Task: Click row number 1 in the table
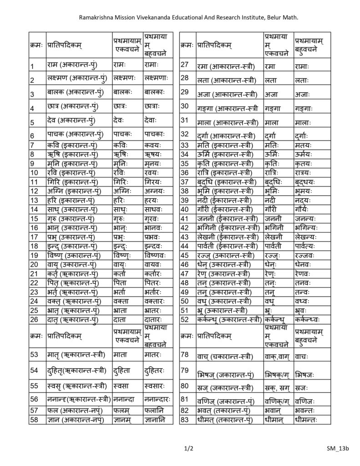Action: [x=32, y=67]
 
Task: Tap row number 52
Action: [x=184, y=319]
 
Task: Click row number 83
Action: [x=184, y=420]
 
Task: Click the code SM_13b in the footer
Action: [x=337, y=448]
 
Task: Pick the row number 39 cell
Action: [x=184, y=201]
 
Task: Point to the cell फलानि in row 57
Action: [x=155, y=410]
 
